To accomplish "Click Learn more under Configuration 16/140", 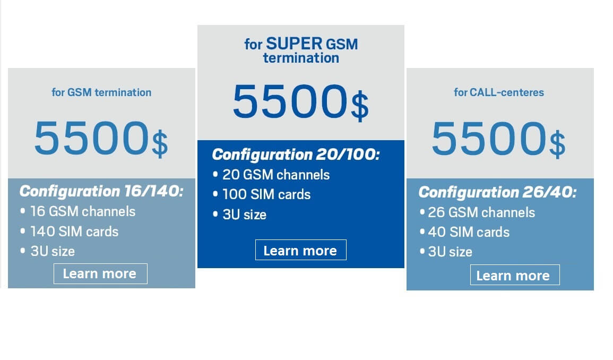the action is click(x=100, y=273).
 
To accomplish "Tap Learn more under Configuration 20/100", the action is click(x=300, y=250).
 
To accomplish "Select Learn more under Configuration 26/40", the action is click(x=514, y=275).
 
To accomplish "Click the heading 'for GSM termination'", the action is click(x=101, y=92).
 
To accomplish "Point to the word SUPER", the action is click(x=295, y=44).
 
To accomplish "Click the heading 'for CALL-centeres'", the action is click(x=499, y=92).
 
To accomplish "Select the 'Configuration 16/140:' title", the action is click(x=101, y=191).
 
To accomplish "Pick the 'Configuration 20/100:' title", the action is click(x=296, y=154).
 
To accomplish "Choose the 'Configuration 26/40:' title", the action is click(x=497, y=192).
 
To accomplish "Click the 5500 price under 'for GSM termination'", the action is click(x=91, y=138).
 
